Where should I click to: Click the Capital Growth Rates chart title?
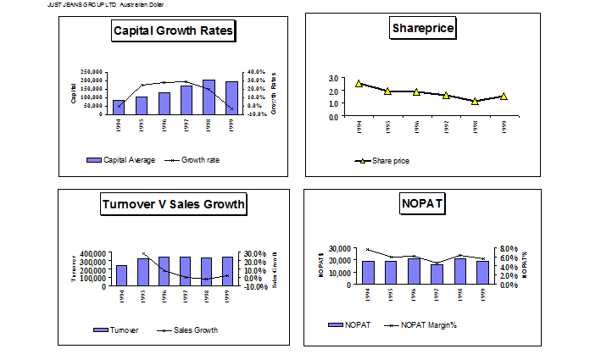pyautogui.click(x=174, y=32)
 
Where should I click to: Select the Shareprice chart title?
pyautogui.click(x=423, y=29)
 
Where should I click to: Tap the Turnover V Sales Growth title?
pyautogui.click(x=173, y=203)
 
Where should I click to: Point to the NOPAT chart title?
pyautogui.click(x=422, y=203)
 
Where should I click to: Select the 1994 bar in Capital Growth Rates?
pyautogui.click(x=120, y=107)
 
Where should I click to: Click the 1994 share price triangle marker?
pyautogui.click(x=359, y=84)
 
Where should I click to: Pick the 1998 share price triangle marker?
pyautogui.click(x=476, y=101)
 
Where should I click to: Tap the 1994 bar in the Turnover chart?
pyautogui.click(x=122, y=275)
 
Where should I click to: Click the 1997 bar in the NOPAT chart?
pyautogui.click(x=437, y=274)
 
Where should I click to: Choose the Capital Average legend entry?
pyautogui.click(x=120, y=159)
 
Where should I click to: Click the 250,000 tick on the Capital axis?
pyautogui.click(x=92, y=72)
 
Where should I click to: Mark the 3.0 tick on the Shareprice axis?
pyautogui.click(x=334, y=79)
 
